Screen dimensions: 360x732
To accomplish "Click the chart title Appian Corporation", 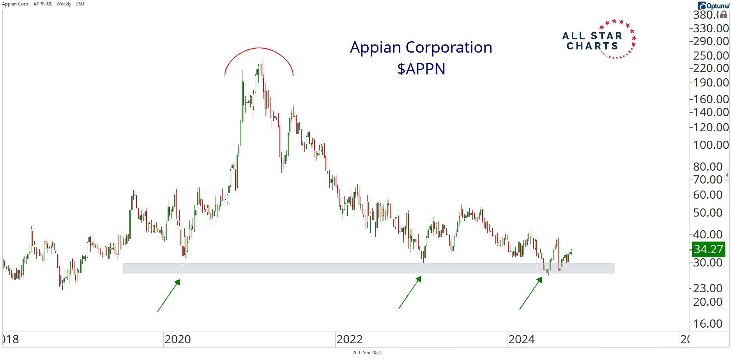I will pos(421,48).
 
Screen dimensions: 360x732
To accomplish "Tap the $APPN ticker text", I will pos(421,69).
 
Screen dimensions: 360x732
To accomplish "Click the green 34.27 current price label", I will pos(708,249).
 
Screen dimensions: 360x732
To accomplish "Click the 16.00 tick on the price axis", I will pos(708,324).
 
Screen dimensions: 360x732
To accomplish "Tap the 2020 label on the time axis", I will pos(178,339).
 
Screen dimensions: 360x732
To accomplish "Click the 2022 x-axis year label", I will pos(350,339).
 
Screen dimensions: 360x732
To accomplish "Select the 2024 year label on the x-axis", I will pos(522,339).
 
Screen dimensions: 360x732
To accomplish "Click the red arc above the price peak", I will pos(259,49).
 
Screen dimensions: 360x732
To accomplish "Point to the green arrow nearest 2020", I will pos(169,295).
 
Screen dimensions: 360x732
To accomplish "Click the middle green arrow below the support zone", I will pos(410,292).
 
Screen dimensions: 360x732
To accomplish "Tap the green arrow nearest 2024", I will pos(531,293).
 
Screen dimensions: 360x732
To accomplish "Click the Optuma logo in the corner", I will pos(713,5).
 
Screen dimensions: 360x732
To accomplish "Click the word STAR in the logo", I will pos(606,36).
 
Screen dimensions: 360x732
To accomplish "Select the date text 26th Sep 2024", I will pos(366,353).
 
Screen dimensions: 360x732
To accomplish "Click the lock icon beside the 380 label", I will pos(723,15).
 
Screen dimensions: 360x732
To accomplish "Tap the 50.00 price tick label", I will pos(708,213).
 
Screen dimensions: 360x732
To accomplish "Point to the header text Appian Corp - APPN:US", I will pos(27,4).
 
